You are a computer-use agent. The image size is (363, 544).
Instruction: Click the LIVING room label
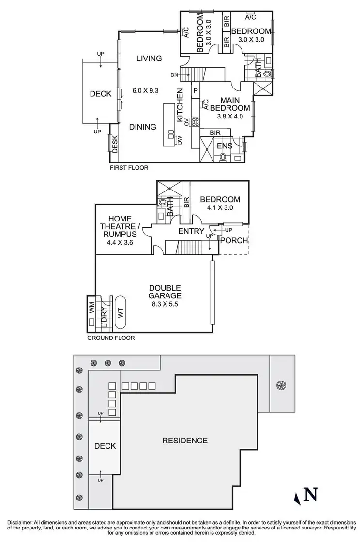pyautogui.click(x=149, y=59)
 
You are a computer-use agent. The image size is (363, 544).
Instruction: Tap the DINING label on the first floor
pyautogui.click(x=143, y=127)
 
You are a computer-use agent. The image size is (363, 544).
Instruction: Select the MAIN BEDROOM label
pyautogui.click(x=234, y=104)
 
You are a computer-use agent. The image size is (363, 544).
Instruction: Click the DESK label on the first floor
pyautogui.click(x=115, y=144)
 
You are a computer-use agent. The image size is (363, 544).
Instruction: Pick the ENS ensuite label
pyautogui.click(x=225, y=146)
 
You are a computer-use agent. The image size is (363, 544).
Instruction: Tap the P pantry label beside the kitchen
pyautogui.click(x=196, y=90)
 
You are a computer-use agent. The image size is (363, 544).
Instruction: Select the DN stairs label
pyautogui.click(x=175, y=75)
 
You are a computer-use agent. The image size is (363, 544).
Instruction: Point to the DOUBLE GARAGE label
pyautogui.click(x=165, y=292)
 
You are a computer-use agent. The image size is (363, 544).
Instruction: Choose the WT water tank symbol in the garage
pyautogui.click(x=121, y=313)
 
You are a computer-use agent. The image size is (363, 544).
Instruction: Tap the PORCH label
pyautogui.click(x=234, y=240)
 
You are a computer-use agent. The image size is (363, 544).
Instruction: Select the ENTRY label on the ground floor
pyautogui.click(x=191, y=231)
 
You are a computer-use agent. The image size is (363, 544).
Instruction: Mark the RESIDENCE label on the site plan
pyautogui.click(x=185, y=441)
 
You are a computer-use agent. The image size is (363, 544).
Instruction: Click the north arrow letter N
pyautogui.click(x=312, y=495)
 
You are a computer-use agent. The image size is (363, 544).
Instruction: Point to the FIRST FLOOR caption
pyautogui.click(x=129, y=168)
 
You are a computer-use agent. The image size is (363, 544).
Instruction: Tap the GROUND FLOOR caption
pyautogui.click(x=111, y=338)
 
